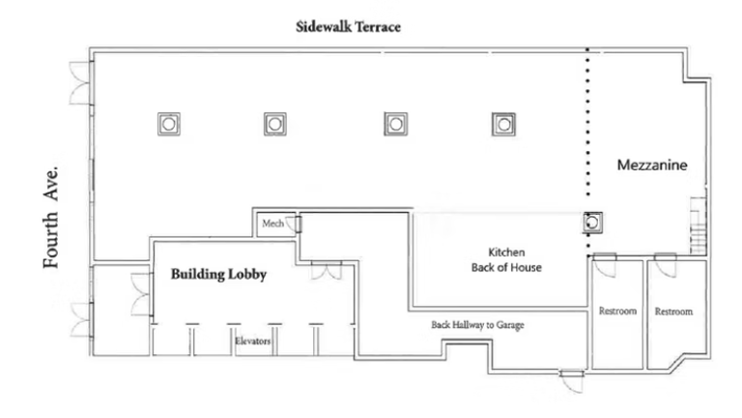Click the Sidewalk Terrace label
pos(348,28)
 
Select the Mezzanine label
pos(652,166)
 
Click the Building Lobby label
pos(218,275)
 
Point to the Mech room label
pos(272,224)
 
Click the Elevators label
pos(252,342)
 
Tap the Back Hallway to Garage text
pos(477,325)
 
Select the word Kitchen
pos(499,253)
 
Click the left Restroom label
pos(617,312)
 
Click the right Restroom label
pos(673,312)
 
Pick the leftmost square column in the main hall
pos(169,123)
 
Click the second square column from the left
pos(275,123)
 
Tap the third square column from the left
pos(393,123)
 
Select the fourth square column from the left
pos(501,123)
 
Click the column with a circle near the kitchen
pos(593,224)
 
